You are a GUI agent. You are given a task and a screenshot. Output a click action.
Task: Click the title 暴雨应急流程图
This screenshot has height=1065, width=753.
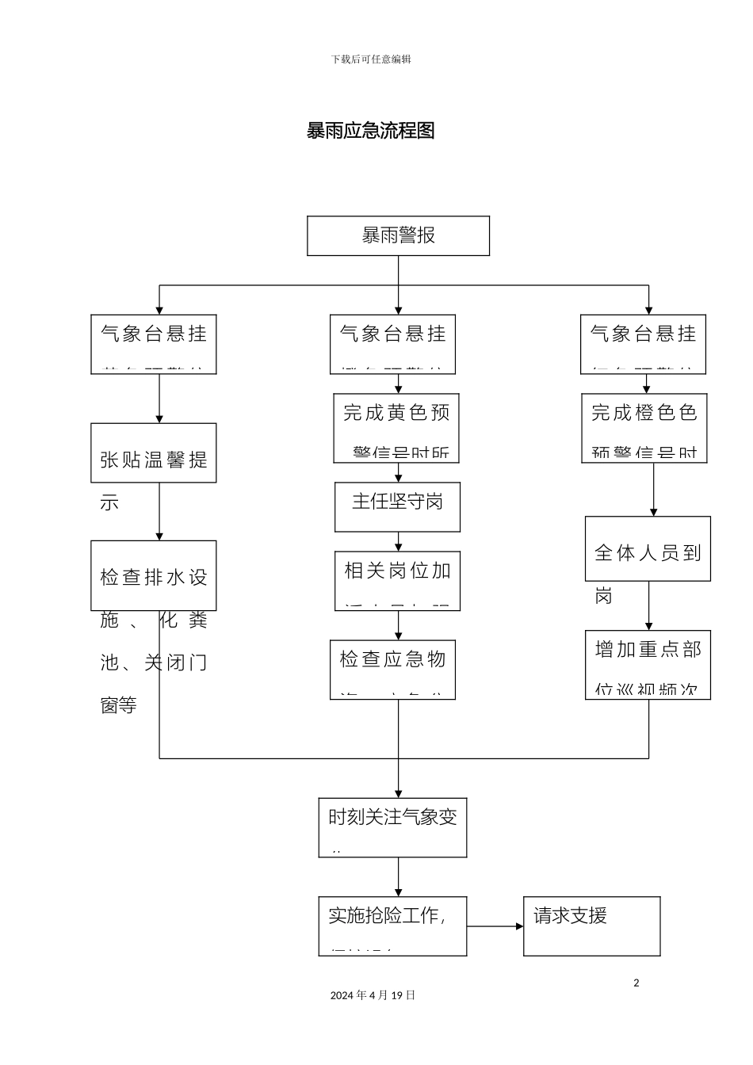(x=371, y=131)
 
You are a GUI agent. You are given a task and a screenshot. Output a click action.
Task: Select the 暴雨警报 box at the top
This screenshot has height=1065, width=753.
(x=398, y=235)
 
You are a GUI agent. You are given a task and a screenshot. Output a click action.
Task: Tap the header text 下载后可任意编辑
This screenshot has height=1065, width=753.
(x=371, y=59)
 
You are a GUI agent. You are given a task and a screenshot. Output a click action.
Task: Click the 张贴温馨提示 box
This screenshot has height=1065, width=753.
(x=153, y=453)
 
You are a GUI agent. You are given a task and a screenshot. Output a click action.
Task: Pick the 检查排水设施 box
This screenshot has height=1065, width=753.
(x=153, y=575)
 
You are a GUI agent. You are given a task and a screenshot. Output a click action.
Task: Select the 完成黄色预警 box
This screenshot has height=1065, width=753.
(x=396, y=428)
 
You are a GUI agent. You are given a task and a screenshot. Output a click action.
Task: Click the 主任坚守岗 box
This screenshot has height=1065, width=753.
(x=397, y=506)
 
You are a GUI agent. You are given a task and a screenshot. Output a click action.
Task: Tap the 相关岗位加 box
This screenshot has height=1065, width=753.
(x=397, y=581)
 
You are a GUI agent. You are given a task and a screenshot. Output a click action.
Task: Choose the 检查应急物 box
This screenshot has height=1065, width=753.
(x=392, y=670)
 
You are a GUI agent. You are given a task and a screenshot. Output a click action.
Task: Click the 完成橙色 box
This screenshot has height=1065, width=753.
(x=644, y=428)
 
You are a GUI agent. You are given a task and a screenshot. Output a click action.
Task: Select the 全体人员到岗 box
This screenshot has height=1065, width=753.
(x=648, y=548)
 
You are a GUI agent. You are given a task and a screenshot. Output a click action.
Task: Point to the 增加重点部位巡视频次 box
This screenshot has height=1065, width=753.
(x=648, y=665)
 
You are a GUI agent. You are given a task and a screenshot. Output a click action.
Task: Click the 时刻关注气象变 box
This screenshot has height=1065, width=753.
(x=392, y=827)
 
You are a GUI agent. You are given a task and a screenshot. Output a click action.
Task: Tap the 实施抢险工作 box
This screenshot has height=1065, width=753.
(x=392, y=926)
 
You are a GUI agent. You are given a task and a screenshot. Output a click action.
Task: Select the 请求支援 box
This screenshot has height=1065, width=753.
(x=591, y=926)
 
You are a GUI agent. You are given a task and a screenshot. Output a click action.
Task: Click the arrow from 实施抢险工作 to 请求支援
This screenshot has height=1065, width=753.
(x=495, y=926)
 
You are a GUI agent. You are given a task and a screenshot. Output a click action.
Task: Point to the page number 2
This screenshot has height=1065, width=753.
(x=636, y=983)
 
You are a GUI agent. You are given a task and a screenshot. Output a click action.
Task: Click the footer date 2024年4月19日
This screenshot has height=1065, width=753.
(x=373, y=995)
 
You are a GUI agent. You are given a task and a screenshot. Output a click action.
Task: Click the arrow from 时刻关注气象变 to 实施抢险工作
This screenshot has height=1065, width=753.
(x=398, y=877)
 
